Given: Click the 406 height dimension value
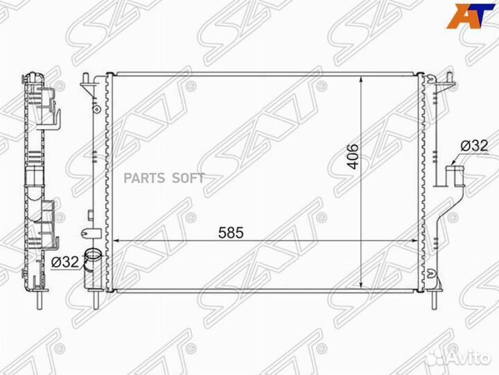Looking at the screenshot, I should coord(351,160).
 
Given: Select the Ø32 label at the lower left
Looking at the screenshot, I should coord(64,262).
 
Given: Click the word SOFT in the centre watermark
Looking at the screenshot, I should coord(189,178).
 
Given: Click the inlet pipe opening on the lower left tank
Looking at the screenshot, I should coord(92,256).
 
